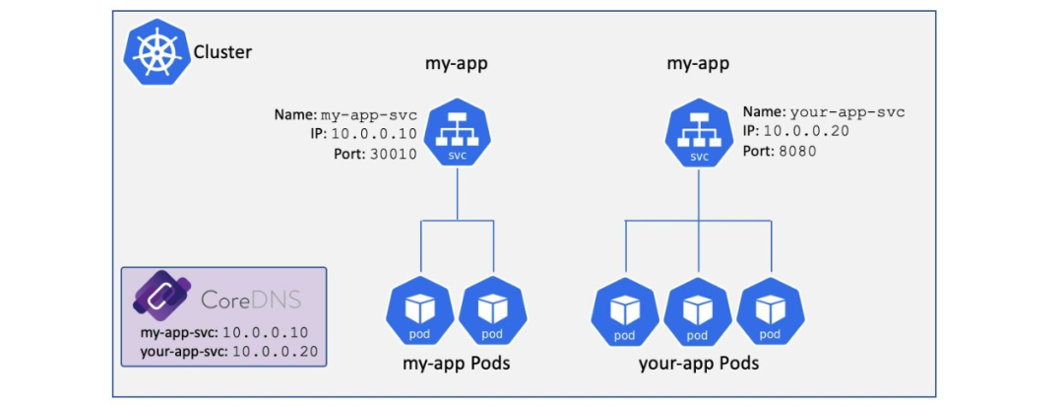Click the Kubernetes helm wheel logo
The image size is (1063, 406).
(x=156, y=52)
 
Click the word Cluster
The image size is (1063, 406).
(x=223, y=51)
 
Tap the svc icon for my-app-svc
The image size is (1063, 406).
(x=457, y=133)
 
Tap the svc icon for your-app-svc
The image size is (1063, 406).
(x=699, y=133)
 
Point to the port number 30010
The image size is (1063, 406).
(x=393, y=154)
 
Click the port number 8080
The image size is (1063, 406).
(x=797, y=152)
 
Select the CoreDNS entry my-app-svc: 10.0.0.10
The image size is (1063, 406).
(x=224, y=333)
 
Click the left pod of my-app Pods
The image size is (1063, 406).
(x=419, y=311)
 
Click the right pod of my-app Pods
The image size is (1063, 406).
(x=493, y=311)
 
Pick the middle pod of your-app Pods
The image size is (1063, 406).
(x=698, y=311)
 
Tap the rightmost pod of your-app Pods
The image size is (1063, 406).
(x=771, y=311)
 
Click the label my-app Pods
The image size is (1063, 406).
(x=457, y=364)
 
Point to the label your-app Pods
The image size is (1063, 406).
(x=698, y=364)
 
